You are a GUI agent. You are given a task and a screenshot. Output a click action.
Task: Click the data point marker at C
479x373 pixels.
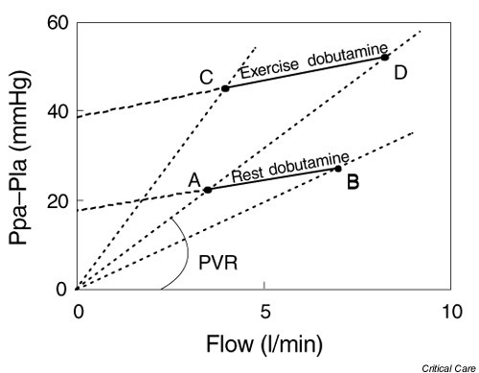225,88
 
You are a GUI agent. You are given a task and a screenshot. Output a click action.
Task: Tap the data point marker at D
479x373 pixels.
385,57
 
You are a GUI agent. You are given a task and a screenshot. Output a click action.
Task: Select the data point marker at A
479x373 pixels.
208,190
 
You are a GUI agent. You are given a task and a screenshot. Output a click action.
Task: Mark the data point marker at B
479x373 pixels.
337,169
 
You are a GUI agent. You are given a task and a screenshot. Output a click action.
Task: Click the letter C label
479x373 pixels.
206,78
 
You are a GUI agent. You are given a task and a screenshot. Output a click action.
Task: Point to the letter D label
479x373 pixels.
399,72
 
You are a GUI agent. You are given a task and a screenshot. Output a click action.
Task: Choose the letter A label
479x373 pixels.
194,178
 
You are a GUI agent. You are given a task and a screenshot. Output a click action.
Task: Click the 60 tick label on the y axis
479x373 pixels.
56,22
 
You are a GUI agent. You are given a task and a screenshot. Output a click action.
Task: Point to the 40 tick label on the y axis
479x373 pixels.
56,111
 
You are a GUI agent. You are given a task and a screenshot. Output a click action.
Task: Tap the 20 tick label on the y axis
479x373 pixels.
56,200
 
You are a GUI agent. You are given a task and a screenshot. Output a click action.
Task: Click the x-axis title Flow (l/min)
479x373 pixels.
264,341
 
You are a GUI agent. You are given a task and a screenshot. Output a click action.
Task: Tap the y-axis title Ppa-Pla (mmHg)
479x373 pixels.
21,155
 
